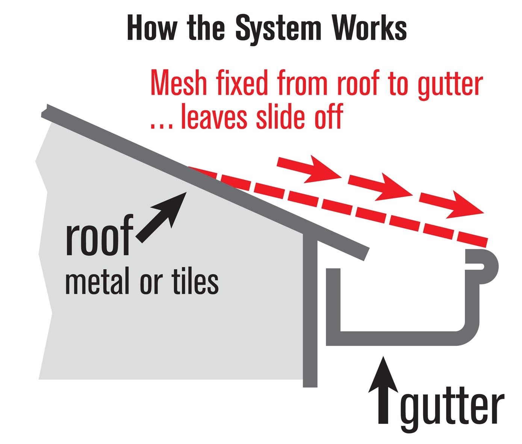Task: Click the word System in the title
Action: click(x=278, y=29)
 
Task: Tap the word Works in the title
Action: click(x=369, y=28)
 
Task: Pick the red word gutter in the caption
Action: click(x=450, y=85)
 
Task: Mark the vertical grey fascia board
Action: click(x=310, y=308)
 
